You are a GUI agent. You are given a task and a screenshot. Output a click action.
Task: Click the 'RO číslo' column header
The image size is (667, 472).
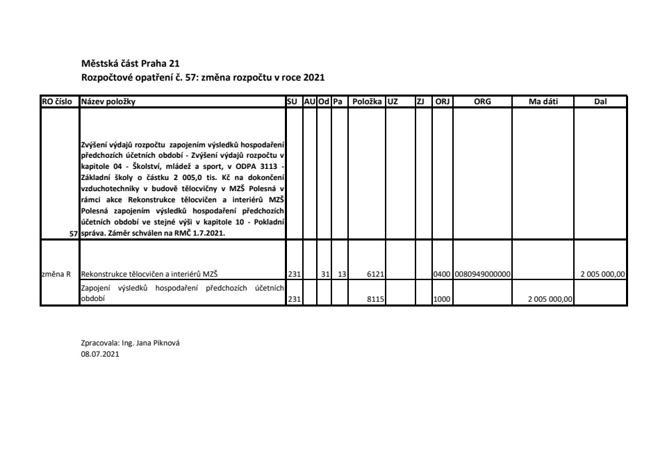pyautogui.click(x=59, y=101)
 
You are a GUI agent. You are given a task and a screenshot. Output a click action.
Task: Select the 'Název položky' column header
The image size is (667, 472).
pyautogui.click(x=108, y=101)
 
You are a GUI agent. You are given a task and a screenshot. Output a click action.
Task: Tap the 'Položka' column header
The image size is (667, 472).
pyautogui.click(x=367, y=101)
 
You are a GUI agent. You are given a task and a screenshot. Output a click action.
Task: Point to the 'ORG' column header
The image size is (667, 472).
pyautogui.click(x=482, y=101)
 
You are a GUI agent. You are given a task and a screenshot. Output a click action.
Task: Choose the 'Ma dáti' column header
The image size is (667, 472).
pyautogui.click(x=543, y=101)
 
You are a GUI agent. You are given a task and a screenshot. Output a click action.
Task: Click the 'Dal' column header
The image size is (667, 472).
pyautogui.click(x=600, y=101)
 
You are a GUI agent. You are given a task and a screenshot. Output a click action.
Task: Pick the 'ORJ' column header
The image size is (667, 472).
pyautogui.click(x=442, y=101)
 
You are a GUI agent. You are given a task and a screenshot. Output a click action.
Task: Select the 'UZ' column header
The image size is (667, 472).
pyautogui.click(x=393, y=101)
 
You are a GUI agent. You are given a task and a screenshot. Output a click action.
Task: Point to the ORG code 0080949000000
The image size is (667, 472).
pyautogui.click(x=483, y=274)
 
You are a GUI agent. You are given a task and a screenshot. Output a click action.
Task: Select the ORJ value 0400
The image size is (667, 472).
pyautogui.click(x=442, y=274)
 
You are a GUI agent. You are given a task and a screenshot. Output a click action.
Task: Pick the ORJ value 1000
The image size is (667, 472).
pyautogui.click(x=442, y=300)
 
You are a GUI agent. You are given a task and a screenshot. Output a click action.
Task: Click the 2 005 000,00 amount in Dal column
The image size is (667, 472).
pyautogui.click(x=603, y=274)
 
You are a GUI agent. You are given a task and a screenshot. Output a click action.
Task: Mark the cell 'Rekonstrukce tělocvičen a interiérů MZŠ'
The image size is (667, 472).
pyautogui.click(x=150, y=274)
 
